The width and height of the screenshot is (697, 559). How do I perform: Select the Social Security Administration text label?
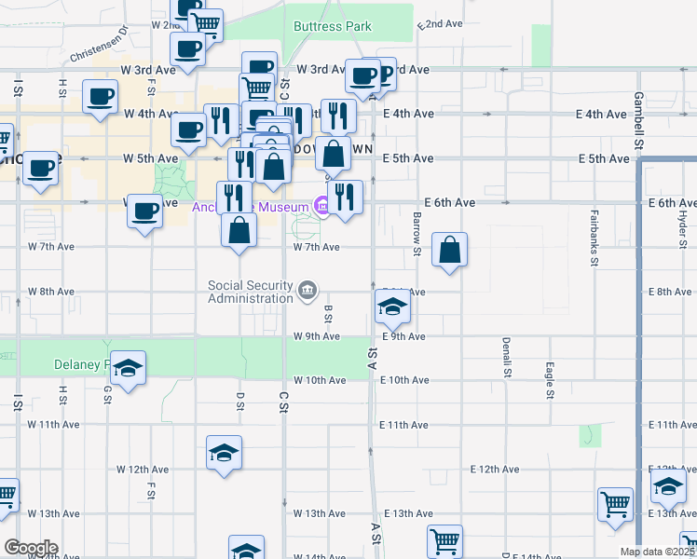tap(250, 292)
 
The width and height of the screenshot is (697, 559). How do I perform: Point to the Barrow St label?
tap(417, 232)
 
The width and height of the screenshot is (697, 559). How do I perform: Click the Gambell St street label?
tap(638, 120)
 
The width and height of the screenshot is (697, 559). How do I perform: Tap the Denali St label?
tap(507, 358)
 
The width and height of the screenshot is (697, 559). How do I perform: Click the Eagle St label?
tap(551, 381)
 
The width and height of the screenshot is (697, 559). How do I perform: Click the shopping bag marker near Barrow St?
tap(449, 250)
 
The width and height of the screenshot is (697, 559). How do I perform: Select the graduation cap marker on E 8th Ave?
tap(392, 306)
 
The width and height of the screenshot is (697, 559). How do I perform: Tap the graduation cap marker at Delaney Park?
tap(130, 369)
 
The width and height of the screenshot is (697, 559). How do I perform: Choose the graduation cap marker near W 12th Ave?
tap(224, 453)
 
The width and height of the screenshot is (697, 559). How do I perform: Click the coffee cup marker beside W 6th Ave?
tap(144, 212)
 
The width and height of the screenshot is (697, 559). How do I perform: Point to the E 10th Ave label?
tap(403, 380)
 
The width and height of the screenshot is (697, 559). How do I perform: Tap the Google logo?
tap(32, 547)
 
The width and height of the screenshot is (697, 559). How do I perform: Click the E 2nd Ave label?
tap(442, 23)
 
